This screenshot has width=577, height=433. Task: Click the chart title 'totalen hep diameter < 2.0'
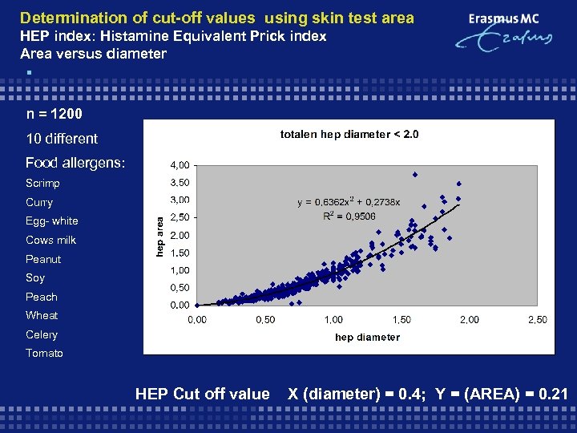coord(349,134)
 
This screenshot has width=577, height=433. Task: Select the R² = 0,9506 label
coord(349,216)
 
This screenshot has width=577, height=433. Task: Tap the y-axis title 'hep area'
coord(159,236)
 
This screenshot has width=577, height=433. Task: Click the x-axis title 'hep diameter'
coord(367,337)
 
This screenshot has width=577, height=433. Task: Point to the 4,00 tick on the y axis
coord(179,165)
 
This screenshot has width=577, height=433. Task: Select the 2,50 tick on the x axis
coord(537,320)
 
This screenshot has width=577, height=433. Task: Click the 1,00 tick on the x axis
coord(333,320)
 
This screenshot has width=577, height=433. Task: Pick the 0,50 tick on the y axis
coord(179,288)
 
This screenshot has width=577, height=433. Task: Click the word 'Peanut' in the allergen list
coord(43,259)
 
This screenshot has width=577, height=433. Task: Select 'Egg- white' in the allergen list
coord(52,221)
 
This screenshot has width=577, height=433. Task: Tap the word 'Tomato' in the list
coord(44,354)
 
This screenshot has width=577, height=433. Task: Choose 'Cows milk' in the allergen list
coord(50,240)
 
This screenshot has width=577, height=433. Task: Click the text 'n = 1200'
coord(54,115)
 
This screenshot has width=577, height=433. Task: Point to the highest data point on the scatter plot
coord(415,174)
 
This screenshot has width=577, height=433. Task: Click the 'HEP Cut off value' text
coord(202,394)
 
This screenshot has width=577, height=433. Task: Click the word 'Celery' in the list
coord(42,334)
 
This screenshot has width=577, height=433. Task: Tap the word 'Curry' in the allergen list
coord(39,202)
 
